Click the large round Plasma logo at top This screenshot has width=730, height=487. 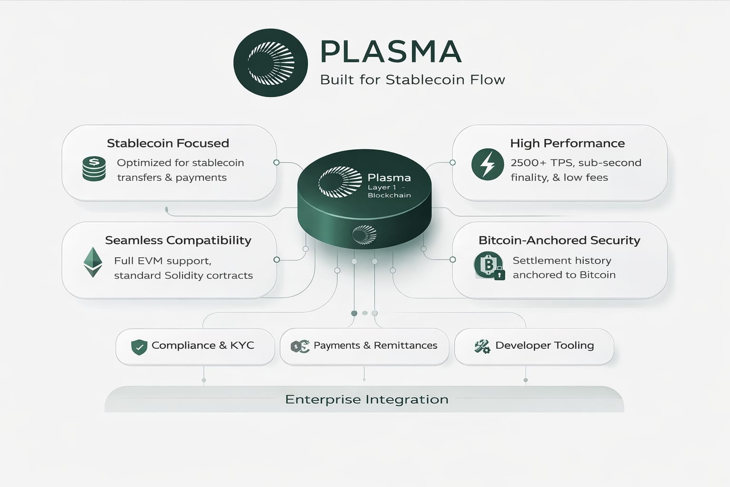click(x=270, y=63)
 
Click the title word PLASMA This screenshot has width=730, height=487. click(x=391, y=51)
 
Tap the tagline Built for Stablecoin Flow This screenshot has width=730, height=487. click(x=412, y=79)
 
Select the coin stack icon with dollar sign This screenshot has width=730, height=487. click(x=94, y=169)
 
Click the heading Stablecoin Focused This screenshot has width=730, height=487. click(x=168, y=143)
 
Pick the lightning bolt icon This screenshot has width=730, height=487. click(x=488, y=165)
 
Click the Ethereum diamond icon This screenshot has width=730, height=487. click(x=93, y=262)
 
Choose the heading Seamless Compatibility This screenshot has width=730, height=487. click(x=178, y=240)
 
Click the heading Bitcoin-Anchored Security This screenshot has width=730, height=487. click(x=559, y=240)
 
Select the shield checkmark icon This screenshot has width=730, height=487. click(x=139, y=347)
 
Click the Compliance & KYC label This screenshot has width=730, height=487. click(x=202, y=345)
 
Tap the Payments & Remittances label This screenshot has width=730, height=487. click(x=375, y=345)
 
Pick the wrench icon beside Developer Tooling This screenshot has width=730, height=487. click(x=482, y=346)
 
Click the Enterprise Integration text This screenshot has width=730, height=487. click(x=366, y=399)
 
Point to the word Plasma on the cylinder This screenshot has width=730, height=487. click(x=389, y=178)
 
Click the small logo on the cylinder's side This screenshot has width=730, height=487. click(x=364, y=234)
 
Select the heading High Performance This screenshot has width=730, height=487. click(x=567, y=143)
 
